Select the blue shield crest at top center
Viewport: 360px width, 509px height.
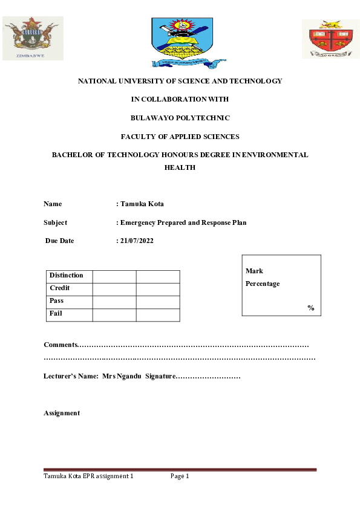tap(180, 41)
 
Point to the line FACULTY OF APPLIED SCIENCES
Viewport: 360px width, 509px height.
tap(180, 137)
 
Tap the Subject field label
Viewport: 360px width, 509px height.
tap(56, 222)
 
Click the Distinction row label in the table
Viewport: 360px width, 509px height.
tap(67, 275)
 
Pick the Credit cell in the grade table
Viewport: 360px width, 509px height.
tap(60, 288)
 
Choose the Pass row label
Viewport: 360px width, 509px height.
tap(56, 300)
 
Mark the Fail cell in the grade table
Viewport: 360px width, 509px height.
tap(56, 313)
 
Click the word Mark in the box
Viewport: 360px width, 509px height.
tap(254, 271)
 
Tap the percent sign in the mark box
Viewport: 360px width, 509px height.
tap(310, 308)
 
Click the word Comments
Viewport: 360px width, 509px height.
tap(61, 345)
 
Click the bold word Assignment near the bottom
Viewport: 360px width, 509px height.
tap(62, 413)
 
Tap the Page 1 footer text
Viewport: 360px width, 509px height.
tap(180, 476)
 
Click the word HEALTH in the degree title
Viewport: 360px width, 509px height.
tap(180, 167)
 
